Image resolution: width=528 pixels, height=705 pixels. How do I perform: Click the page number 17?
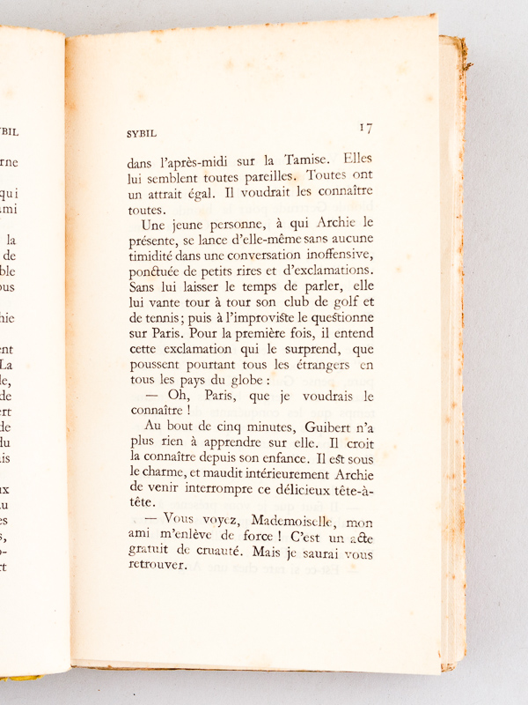point(365,128)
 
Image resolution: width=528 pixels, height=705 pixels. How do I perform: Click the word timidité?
point(156,256)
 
